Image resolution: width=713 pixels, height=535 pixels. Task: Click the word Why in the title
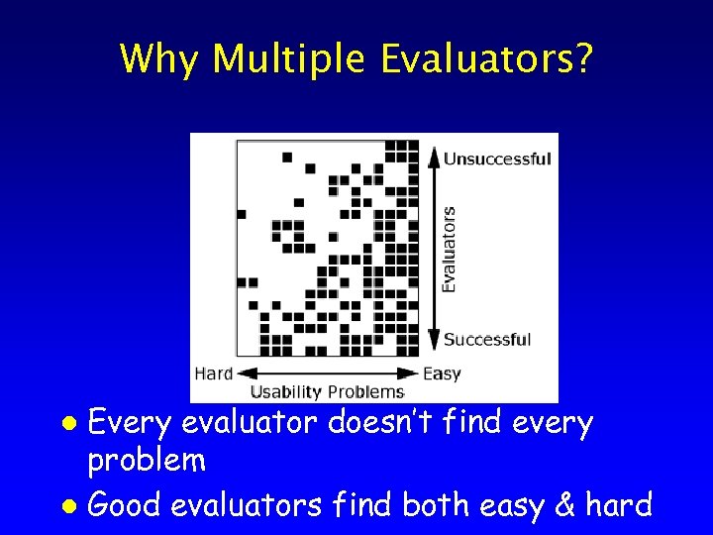tap(159, 60)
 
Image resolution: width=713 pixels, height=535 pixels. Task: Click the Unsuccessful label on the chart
tap(497, 159)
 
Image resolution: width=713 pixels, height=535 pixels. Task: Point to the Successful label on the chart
tap(487, 340)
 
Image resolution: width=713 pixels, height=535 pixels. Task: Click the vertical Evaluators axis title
tap(450, 249)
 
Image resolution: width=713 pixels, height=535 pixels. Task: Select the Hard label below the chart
tap(214, 374)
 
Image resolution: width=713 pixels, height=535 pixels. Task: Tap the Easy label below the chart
tap(442, 374)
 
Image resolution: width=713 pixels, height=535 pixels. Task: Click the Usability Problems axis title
tap(326, 391)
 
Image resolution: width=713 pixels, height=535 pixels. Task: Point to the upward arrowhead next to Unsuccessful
tap(433, 156)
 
